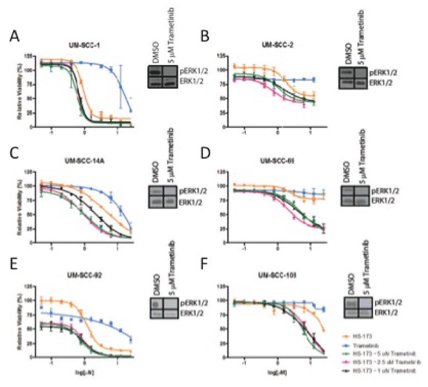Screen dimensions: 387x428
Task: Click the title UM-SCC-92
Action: click(x=88, y=275)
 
